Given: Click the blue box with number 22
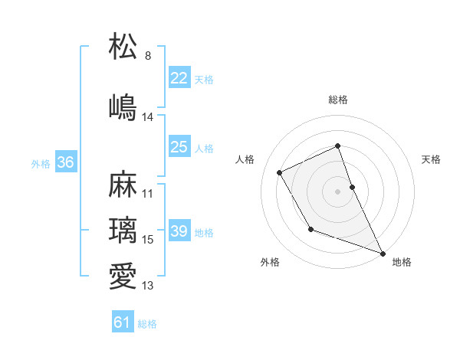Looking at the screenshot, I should point(179,78).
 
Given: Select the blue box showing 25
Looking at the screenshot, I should point(179,147).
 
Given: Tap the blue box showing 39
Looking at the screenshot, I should point(179,231).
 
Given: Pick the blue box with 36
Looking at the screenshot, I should point(65,162).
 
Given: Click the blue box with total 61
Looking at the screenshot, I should point(123,322).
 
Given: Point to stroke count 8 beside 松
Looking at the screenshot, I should point(148,56).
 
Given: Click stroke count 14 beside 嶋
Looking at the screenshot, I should point(148,117).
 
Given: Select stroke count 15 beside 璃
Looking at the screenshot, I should point(148,240).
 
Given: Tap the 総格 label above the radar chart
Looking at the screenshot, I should point(338,100).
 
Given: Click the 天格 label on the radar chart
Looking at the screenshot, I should point(431,159).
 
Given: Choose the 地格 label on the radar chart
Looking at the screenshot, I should point(402,262).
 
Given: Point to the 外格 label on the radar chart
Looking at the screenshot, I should point(270,262).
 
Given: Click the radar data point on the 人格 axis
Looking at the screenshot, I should point(280,172).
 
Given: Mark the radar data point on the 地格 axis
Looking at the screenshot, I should point(383,254).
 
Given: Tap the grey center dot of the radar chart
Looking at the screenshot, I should point(338,191).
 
